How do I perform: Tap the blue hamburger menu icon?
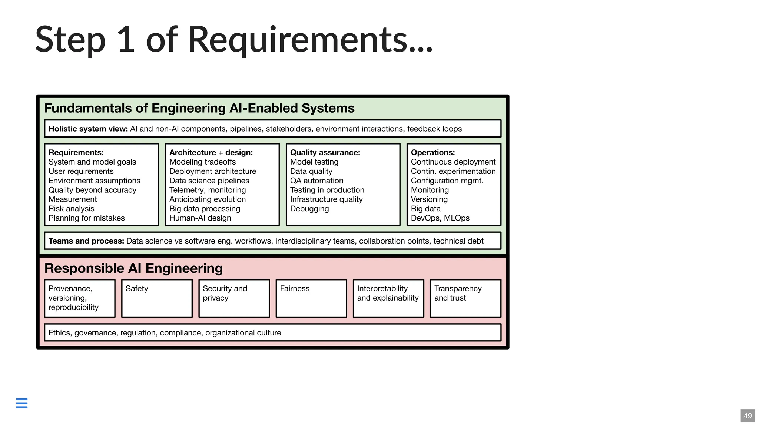[22, 403]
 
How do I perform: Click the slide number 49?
[747, 416]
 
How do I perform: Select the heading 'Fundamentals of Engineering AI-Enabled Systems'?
[199, 108]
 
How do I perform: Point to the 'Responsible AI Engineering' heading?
[133, 268]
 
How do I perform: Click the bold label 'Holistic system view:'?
[88, 129]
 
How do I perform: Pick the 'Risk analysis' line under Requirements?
[72, 209]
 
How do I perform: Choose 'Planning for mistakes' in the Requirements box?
[87, 218]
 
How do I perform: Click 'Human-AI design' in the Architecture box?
[200, 218]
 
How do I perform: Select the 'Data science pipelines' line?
[209, 181]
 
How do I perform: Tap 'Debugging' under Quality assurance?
[309, 209]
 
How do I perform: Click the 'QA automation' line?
[316, 181]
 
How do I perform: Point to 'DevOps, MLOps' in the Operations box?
[440, 218]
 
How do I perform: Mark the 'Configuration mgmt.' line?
[447, 181]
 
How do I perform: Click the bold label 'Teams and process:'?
[86, 241]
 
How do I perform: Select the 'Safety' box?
[157, 298]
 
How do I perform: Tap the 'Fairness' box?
[311, 298]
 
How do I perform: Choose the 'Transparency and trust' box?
[465, 298]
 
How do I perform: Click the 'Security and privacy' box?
[234, 298]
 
